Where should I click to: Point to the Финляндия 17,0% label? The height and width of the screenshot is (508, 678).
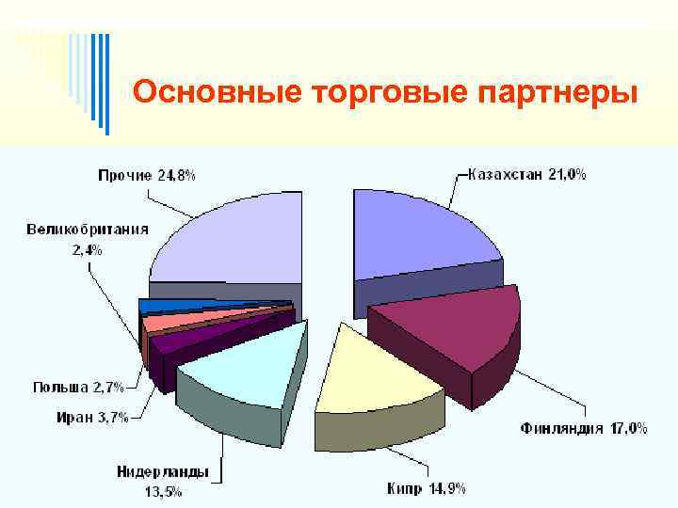click(x=584, y=428)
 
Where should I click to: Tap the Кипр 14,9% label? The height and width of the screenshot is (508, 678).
click(x=426, y=487)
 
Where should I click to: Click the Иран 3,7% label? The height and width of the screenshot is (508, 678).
click(x=91, y=419)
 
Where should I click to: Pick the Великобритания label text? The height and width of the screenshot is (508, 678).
click(x=88, y=230)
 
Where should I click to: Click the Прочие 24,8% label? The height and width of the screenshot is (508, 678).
click(x=147, y=175)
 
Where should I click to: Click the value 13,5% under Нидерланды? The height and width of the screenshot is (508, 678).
click(x=163, y=490)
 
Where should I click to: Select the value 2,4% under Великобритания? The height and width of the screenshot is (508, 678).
click(x=87, y=249)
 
